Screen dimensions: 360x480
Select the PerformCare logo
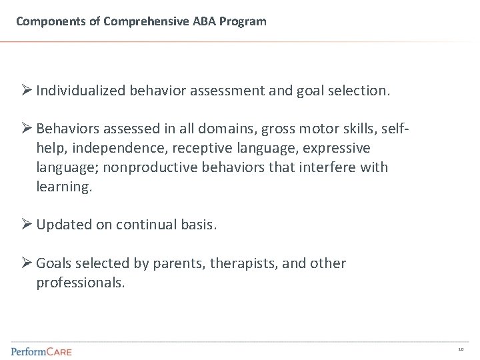[x=41, y=351]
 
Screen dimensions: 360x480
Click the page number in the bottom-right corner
[x=461, y=349]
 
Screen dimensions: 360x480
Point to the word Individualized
[x=79, y=91]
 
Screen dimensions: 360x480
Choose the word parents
[x=180, y=264]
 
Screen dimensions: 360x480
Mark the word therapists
[x=243, y=264]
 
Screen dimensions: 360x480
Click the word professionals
[x=79, y=283]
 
